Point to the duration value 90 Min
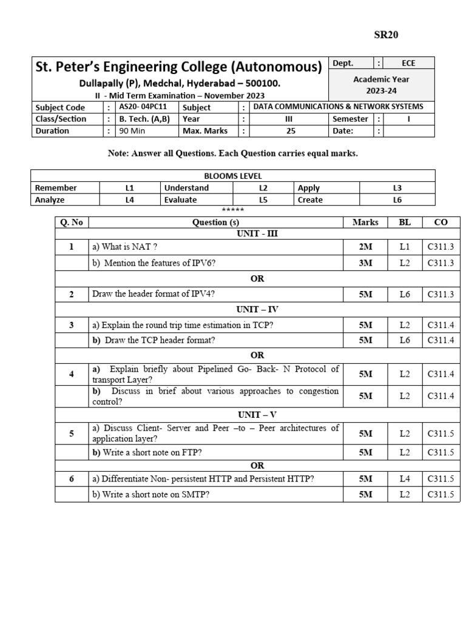coord(132,130)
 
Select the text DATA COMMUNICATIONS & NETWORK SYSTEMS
coord(338,107)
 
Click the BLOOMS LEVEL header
coord(232,176)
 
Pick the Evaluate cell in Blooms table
coord(180,200)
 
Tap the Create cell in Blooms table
coord(310,200)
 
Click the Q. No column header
coord(72,222)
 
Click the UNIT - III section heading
coord(257,233)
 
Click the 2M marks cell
coord(366,247)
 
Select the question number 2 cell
coord(72,294)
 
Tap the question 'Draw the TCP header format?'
coord(154,340)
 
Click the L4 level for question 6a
coord(405,479)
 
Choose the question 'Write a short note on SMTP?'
coord(151,494)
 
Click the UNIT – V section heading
coord(257,415)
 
